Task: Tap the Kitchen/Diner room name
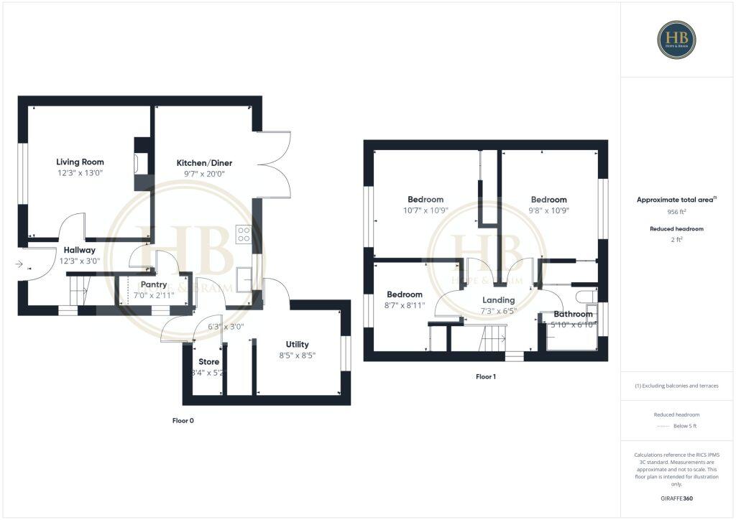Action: [204, 163]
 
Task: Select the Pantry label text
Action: [154, 284]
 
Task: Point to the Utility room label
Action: [297, 345]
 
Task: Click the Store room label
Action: [208, 362]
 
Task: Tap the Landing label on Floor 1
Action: [498, 300]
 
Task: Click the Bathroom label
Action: [573, 314]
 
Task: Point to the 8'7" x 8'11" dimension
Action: [405, 305]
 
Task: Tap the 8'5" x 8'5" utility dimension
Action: [297, 355]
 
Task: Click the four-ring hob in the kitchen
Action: [244, 234]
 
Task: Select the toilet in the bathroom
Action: [584, 297]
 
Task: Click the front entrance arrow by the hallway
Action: [19, 264]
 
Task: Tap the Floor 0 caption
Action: [183, 421]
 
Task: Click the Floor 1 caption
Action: [486, 376]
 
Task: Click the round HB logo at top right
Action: [676, 39]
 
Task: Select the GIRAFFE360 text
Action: [677, 498]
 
